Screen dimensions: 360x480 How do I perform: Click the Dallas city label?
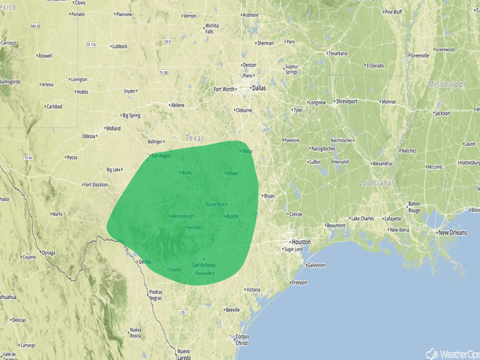click(259, 88)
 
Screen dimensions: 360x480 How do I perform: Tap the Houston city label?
click(301, 242)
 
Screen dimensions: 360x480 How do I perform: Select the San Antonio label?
click(204, 265)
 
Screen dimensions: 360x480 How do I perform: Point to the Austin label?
click(232, 216)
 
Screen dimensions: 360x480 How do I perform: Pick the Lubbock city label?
click(120, 47)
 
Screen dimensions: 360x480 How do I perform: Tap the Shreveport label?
click(346, 102)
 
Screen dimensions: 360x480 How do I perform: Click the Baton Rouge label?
click(414, 207)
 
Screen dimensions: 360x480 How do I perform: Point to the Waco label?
click(247, 152)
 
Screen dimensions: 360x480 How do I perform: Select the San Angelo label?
click(161, 155)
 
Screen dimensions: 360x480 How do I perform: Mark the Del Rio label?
click(144, 262)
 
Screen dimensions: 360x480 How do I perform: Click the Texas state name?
click(194, 138)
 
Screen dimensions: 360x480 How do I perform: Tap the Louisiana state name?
click(376, 183)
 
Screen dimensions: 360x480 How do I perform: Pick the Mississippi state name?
click(446, 84)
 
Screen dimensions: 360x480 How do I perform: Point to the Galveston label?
click(316, 265)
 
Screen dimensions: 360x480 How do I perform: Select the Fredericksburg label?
click(182, 216)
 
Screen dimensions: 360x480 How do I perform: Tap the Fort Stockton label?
click(95, 185)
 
